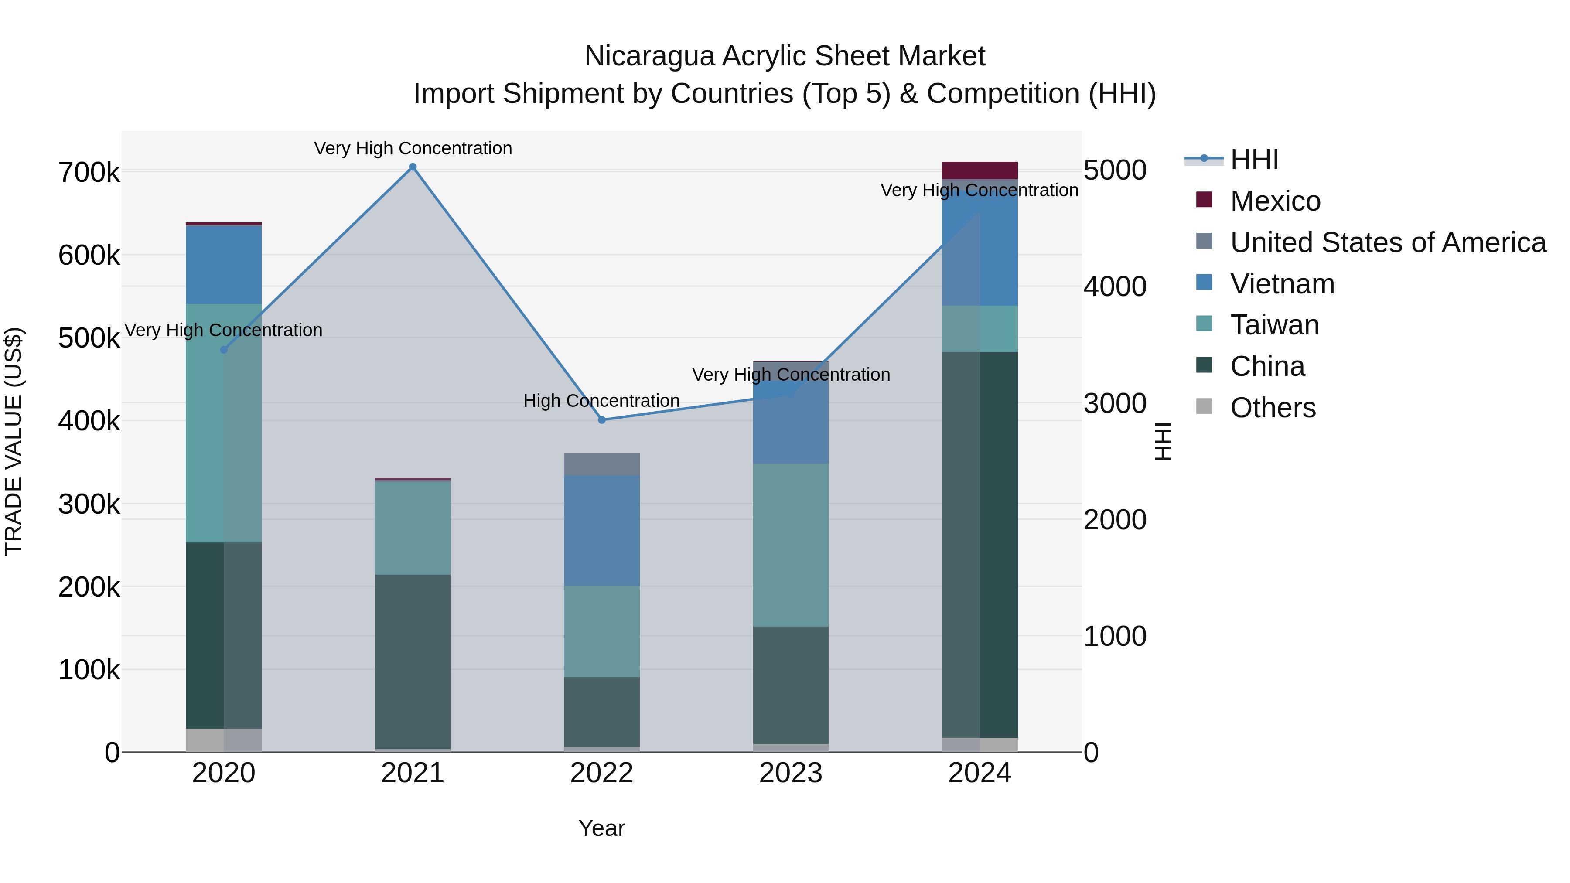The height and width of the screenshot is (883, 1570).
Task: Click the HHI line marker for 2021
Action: [x=413, y=167]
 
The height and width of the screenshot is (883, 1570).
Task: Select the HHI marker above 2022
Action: [x=601, y=420]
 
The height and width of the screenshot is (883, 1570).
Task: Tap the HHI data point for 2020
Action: [x=224, y=350]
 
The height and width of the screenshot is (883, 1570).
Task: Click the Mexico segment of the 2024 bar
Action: [x=980, y=170]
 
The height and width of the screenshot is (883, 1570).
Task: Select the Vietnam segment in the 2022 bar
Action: [x=601, y=530]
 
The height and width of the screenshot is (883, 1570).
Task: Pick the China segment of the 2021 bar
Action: [x=413, y=661]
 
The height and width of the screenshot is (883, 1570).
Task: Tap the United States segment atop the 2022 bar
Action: [x=601, y=464]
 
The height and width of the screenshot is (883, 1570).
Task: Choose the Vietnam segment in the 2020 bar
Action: [x=224, y=265]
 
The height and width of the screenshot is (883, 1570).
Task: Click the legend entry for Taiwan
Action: [x=1274, y=325]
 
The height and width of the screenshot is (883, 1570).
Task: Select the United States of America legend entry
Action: [x=1388, y=242]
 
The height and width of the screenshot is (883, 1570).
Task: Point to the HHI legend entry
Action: [x=1254, y=160]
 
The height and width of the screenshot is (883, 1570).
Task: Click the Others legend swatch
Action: [x=1204, y=406]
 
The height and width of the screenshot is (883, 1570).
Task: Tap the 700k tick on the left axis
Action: [x=89, y=172]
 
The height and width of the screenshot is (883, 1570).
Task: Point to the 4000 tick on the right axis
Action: [x=1115, y=287]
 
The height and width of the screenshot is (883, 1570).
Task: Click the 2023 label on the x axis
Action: [x=791, y=773]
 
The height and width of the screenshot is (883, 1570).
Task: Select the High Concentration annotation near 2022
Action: [x=601, y=401]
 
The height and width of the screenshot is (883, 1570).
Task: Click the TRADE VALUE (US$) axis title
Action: [x=14, y=441]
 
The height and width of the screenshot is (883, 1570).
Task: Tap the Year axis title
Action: [x=601, y=828]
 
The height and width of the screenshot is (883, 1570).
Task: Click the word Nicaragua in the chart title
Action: [x=649, y=57]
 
